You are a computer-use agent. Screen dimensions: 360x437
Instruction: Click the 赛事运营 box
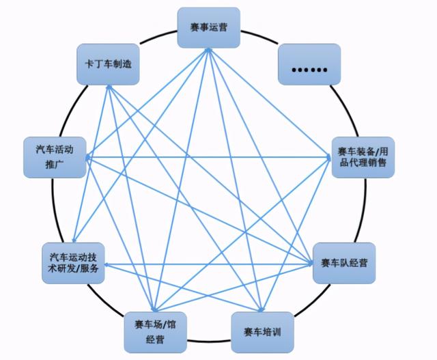210,28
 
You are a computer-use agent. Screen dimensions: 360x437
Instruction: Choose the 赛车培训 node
262,332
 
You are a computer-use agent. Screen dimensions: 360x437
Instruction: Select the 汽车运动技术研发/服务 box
74,263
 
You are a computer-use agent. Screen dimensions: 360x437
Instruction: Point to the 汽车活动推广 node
54,156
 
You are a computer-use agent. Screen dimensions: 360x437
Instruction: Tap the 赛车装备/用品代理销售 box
363,156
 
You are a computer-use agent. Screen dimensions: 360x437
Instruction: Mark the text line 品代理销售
363,163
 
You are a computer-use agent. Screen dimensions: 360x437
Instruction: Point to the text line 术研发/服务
74,269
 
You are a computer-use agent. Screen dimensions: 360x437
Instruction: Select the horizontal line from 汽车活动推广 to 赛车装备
205,157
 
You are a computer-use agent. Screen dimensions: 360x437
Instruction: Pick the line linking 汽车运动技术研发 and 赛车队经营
205,264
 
